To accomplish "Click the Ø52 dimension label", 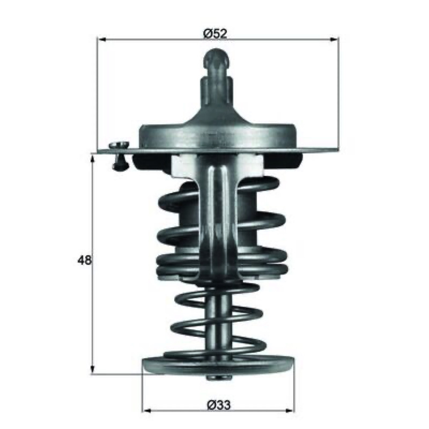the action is point(216,34).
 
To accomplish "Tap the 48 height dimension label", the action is point(84,260).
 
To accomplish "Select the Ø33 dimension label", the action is point(219,405).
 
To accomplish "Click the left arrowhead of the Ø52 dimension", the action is point(102,40).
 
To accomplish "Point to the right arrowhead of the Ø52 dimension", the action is point(334,40).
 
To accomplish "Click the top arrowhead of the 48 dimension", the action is point(93,159).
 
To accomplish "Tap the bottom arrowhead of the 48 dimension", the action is point(93,369).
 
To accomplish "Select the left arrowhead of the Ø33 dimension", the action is point(147,411).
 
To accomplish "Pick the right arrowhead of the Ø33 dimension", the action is point(290,411).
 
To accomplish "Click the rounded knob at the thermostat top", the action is point(217,59).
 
